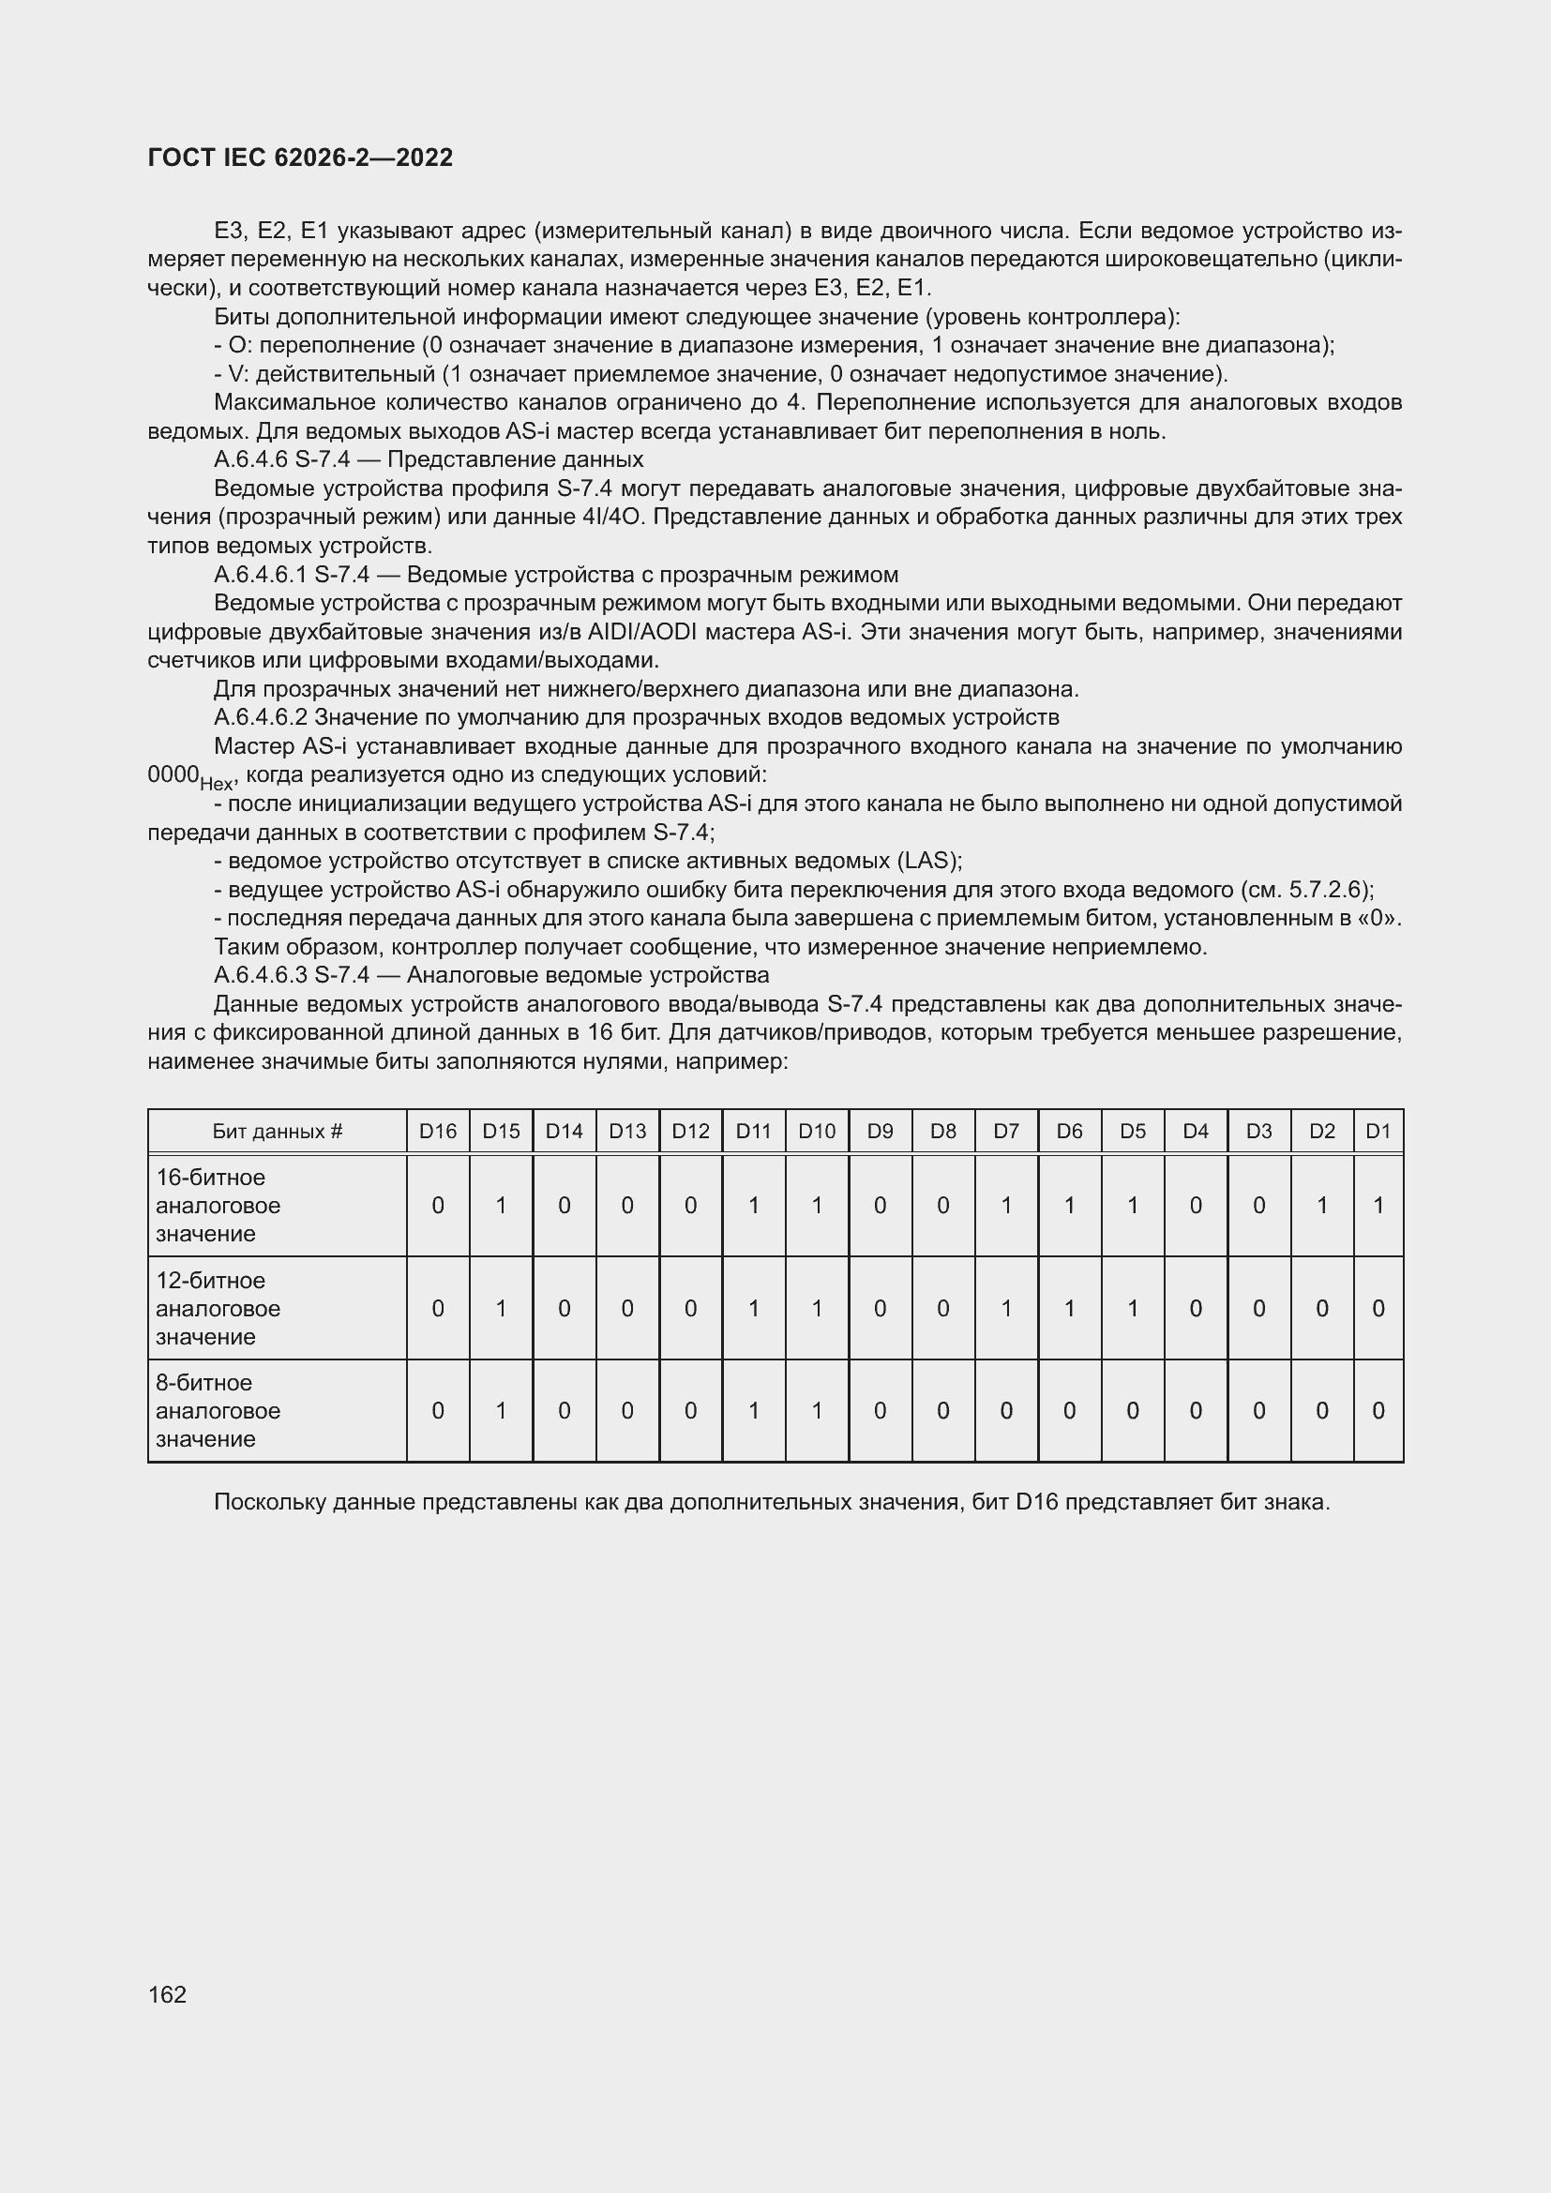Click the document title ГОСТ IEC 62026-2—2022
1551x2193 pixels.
coord(300,158)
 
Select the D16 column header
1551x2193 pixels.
coord(437,1131)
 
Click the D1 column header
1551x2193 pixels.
coord(1378,1131)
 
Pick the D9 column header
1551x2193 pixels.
coord(880,1131)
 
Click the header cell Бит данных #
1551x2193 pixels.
coord(277,1131)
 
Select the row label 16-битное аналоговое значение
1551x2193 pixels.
coord(218,1205)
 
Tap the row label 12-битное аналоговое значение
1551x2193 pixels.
coord(218,1308)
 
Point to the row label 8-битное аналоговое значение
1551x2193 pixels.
coord(218,1410)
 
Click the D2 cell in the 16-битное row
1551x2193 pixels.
coord(1321,1206)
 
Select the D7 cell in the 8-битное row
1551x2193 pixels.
coord(1005,1410)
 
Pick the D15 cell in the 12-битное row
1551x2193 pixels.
coord(501,1308)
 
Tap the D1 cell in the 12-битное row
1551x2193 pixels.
coord(1378,1308)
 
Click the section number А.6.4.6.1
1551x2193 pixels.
coord(260,575)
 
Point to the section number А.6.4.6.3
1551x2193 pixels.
coord(260,975)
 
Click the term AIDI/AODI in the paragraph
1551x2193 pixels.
coord(644,632)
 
